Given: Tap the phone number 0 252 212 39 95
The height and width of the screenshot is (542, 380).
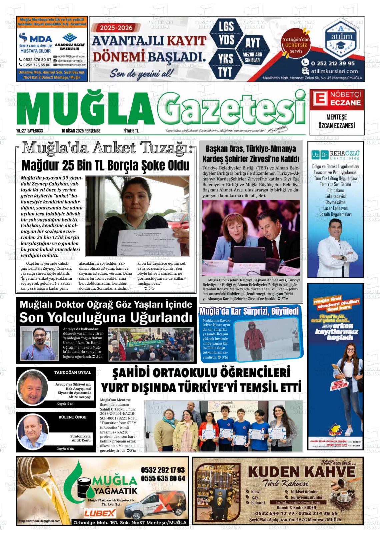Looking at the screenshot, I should point(328,63).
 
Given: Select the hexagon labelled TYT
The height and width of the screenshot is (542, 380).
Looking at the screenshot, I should point(226,72).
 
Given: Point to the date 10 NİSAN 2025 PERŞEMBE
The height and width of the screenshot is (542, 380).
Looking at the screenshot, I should point(81,131).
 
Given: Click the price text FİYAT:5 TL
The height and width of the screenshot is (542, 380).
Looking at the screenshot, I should point(131,131).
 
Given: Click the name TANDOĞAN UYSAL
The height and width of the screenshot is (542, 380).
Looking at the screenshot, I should point(72,373).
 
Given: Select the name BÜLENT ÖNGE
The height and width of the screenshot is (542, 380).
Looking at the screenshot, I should point(72,417).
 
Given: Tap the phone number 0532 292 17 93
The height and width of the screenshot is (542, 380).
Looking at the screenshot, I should point(163,470).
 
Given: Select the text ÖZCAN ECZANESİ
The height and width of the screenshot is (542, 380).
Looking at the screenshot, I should point(336,126).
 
